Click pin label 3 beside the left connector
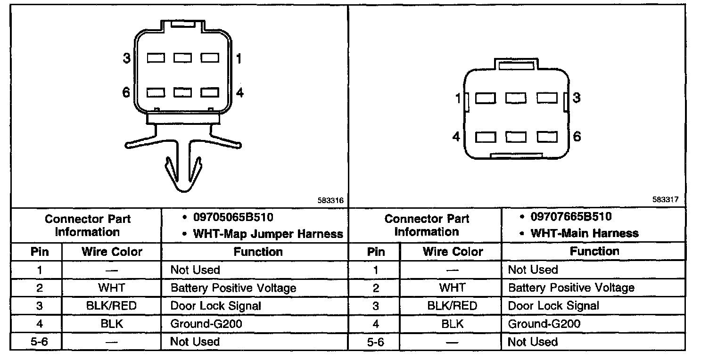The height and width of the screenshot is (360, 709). pos(126,58)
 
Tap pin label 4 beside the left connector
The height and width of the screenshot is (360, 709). pos(239,93)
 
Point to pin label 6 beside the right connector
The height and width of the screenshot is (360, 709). pos(577,137)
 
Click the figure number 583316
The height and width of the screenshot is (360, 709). pos(331,200)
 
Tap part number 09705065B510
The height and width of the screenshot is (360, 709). pos(233,218)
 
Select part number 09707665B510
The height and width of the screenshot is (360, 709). pos(570,217)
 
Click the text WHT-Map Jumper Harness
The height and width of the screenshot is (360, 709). pos(268,234)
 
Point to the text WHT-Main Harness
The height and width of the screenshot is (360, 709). pos(585,233)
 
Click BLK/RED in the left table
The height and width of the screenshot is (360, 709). pos(111,306)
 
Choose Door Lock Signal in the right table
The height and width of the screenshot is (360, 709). pos(553,306)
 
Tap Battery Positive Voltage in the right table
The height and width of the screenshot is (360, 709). pos(571,288)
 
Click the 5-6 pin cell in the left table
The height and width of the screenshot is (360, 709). pos(39,342)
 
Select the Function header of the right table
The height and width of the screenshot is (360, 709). pos(594,251)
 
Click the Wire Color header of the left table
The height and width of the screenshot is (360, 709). pos(112,252)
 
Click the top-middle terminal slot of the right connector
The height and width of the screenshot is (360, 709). pos(516,98)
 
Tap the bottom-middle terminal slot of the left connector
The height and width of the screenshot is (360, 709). pos(182,92)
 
